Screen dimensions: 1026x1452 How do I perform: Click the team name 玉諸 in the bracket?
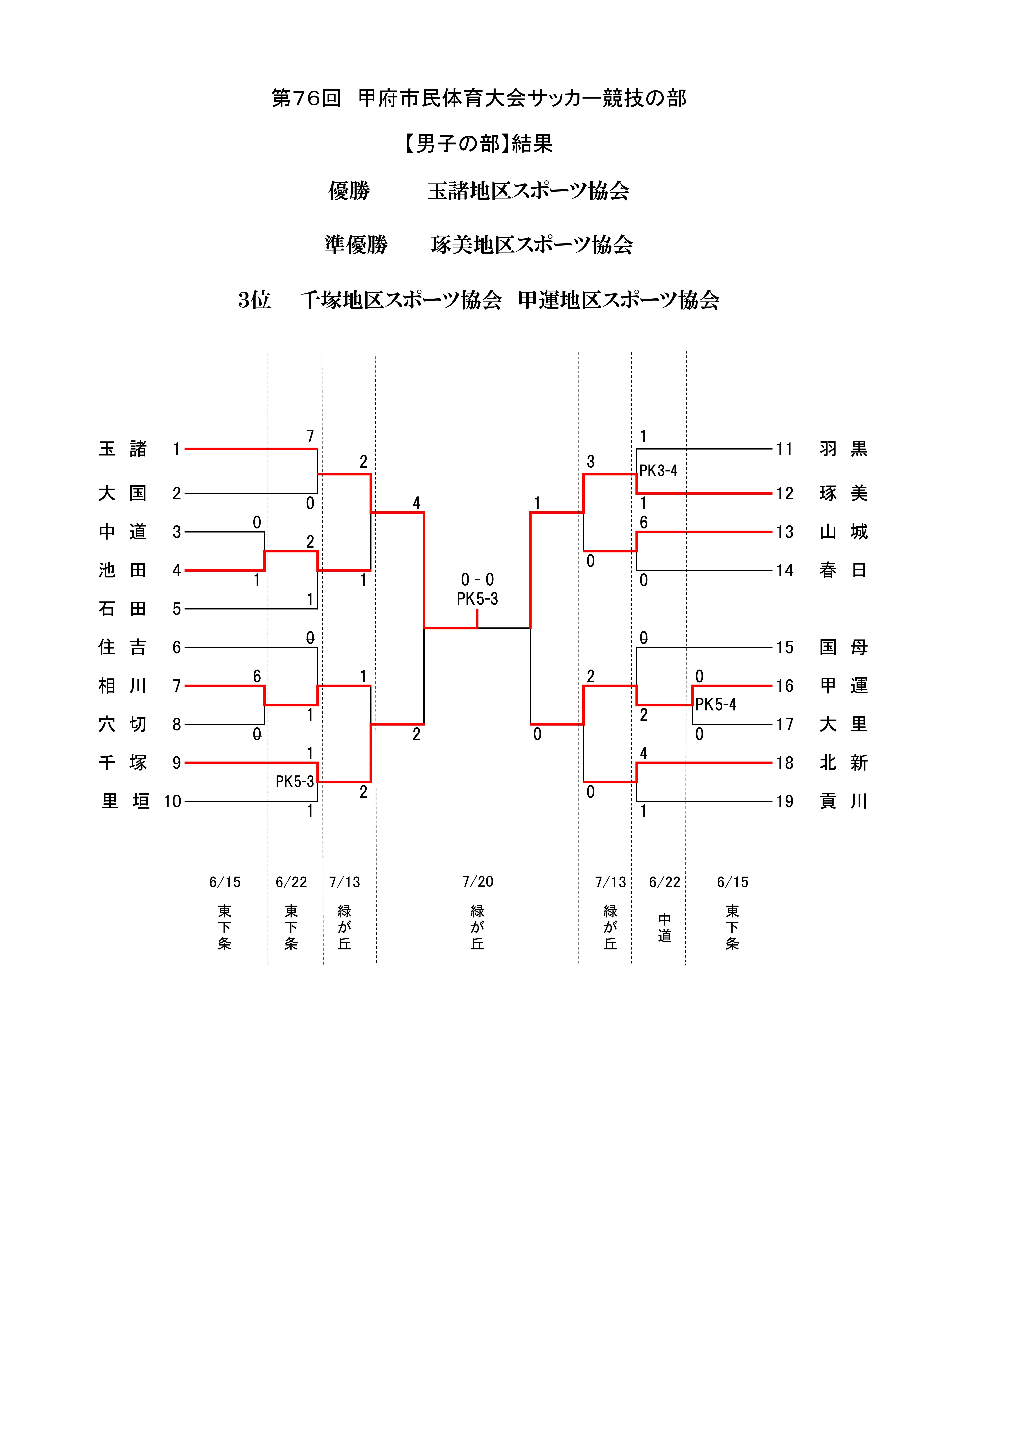(x=123, y=449)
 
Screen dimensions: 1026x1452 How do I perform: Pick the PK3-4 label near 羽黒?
(x=658, y=471)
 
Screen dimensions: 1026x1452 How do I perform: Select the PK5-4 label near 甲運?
(x=716, y=704)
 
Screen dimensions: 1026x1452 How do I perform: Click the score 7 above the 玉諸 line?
(x=310, y=436)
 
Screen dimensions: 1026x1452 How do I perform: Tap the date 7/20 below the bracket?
(x=478, y=882)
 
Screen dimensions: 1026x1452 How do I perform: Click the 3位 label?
(x=254, y=300)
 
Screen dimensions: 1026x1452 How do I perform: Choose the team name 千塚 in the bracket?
(x=123, y=763)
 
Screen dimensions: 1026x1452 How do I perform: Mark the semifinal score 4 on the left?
(x=416, y=503)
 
